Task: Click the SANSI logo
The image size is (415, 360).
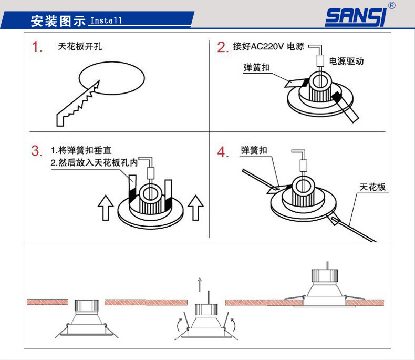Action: coord(356,17)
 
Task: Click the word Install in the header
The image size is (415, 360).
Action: coord(106,21)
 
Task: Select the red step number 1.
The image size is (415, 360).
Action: coord(37,47)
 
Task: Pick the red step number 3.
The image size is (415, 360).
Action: coord(37,151)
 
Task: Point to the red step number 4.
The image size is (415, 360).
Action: coord(223,152)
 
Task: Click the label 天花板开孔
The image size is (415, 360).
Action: coord(80,46)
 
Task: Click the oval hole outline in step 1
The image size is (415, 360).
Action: coord(111,79)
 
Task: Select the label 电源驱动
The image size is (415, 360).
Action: coord(346,61)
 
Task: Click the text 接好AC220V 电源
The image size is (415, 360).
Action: coord(268,46)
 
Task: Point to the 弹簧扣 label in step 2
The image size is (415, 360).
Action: coord(256,68)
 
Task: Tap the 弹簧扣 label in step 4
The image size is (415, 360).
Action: coord(254,150)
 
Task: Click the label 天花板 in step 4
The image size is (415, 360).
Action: coord(372,187)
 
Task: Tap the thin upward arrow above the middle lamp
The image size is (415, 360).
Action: coord(200,284)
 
